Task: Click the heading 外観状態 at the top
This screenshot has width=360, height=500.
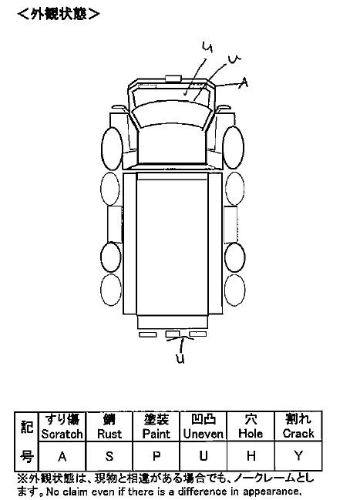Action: (59, 14)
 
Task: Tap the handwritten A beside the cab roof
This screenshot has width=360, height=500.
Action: (243, 82)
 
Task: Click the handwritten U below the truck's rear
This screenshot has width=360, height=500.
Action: (180, 358)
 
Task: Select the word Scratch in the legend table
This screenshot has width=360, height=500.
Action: (62, 434)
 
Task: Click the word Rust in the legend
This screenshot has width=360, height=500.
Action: (109, 434)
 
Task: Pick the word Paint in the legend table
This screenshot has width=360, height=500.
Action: (156, 434)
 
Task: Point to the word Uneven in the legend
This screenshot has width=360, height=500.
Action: (204, 434)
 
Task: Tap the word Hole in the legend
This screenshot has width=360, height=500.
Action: (251, 434)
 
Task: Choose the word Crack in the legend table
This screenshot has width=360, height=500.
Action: (298, 434)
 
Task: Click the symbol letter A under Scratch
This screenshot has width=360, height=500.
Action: (62, 457)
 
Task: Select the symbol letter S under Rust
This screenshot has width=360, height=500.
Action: (109, 456)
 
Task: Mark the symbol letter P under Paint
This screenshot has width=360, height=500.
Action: (156, 456)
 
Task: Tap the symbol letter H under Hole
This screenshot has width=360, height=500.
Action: (251, 456)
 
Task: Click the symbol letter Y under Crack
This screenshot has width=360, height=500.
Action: (298, 456)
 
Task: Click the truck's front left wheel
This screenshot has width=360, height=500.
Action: (112, 149)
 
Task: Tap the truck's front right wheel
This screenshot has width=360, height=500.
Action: (234, 147)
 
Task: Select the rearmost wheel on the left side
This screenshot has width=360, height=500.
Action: (111, 290)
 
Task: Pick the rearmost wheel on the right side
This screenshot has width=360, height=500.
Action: (235, 290)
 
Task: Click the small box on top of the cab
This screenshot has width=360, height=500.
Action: (173, 79)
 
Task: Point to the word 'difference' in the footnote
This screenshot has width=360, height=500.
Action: (203, 492)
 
